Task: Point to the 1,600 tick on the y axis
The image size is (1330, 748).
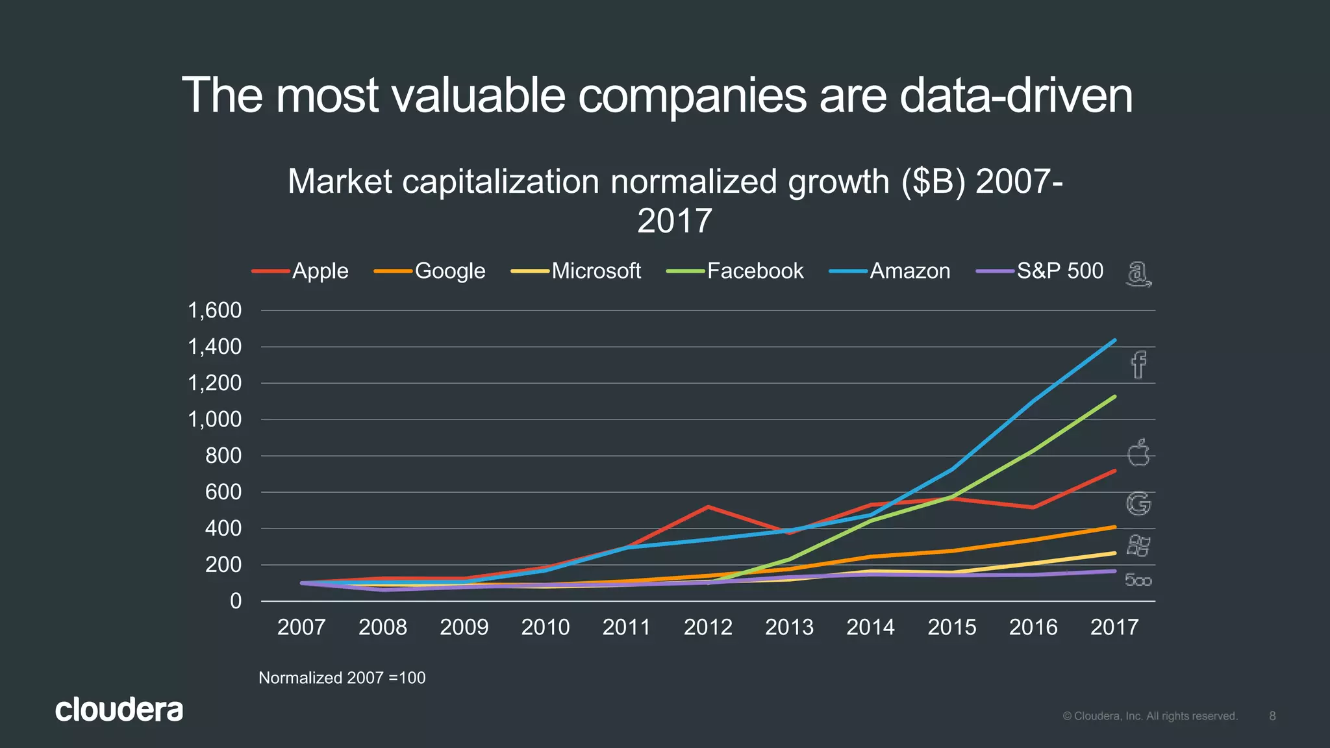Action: point(215,310)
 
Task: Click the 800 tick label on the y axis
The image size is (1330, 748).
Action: point(223,456)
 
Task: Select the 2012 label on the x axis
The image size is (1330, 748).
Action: point(708,627)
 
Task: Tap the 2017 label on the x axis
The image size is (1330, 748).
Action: point(1114,627)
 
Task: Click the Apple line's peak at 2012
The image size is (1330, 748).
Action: point(708,506)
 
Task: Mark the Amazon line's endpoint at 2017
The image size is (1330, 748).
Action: point(1114,340)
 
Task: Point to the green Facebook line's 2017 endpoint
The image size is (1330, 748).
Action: point(1114,397)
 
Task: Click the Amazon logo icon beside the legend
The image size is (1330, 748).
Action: point(1138,274)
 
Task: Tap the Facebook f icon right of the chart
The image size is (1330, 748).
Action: point(1138,365)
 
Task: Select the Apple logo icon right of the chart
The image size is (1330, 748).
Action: point(1138,453)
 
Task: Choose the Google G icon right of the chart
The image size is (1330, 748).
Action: point(1138,504)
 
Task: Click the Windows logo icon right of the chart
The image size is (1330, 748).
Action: point(1138,545)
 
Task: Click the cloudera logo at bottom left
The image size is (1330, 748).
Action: point(119,710)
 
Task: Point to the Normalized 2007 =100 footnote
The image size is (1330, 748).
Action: point(342,678)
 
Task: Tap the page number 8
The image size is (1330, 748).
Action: point(1272,716)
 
